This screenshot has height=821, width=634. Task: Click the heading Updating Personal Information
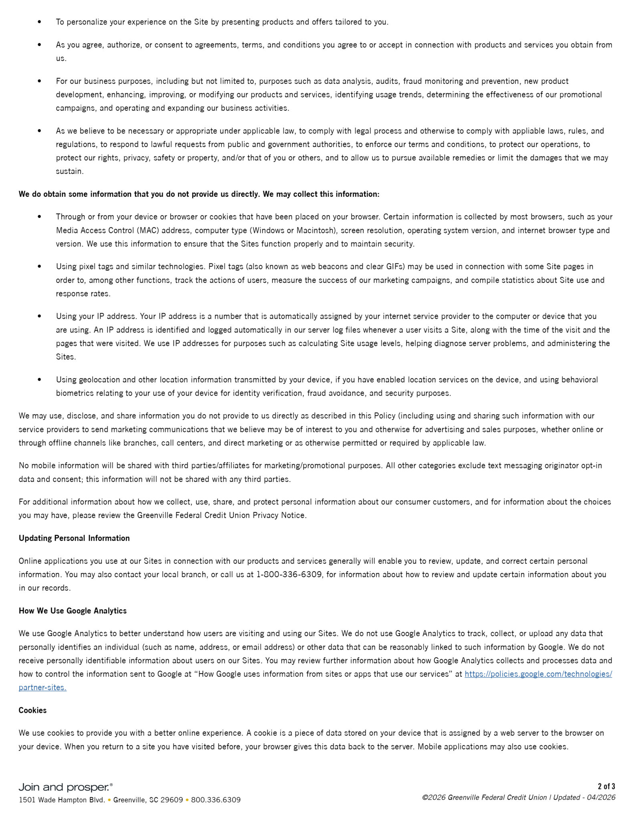click(74, 538)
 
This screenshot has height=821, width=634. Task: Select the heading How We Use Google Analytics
click(72, 611)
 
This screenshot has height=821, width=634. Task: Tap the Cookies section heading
click(32, 710)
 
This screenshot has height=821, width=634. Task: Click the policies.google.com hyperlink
click(538, 674)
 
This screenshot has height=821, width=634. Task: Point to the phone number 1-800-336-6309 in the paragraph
click(289, 574)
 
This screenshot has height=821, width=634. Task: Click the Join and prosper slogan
click(66, 787)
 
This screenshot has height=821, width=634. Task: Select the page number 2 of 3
click(606, 786)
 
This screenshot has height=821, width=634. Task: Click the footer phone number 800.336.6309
click(215, 800)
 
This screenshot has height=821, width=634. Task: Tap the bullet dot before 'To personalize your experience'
click(39, 22)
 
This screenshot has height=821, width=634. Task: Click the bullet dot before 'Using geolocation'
click(39, 380)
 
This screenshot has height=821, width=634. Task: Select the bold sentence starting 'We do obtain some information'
click(199, 194)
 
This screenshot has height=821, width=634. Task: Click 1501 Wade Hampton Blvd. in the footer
click(62, 800)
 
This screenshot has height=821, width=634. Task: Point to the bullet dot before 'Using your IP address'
click(39, 316)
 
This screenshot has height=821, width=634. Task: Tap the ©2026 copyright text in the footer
click(434, 797)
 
